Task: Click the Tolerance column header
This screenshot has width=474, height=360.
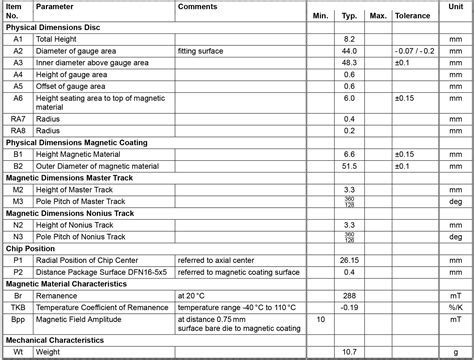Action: click(x=412, y=17)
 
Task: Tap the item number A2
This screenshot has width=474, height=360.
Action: click(x=18, y=50)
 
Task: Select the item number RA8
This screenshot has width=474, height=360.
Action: click(x=18, y=130)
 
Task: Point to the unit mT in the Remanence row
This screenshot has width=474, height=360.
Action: click(x=455, y=296)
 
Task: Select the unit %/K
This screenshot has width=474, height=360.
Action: click(x=455, y=307)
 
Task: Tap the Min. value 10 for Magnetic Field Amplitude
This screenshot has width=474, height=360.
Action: click(x=320, y=319)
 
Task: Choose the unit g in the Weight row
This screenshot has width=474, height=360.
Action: click(x=455, y=352)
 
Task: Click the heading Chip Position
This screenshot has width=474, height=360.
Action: click(x=34, y=247)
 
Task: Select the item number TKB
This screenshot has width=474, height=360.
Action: click(x=18, y=307)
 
